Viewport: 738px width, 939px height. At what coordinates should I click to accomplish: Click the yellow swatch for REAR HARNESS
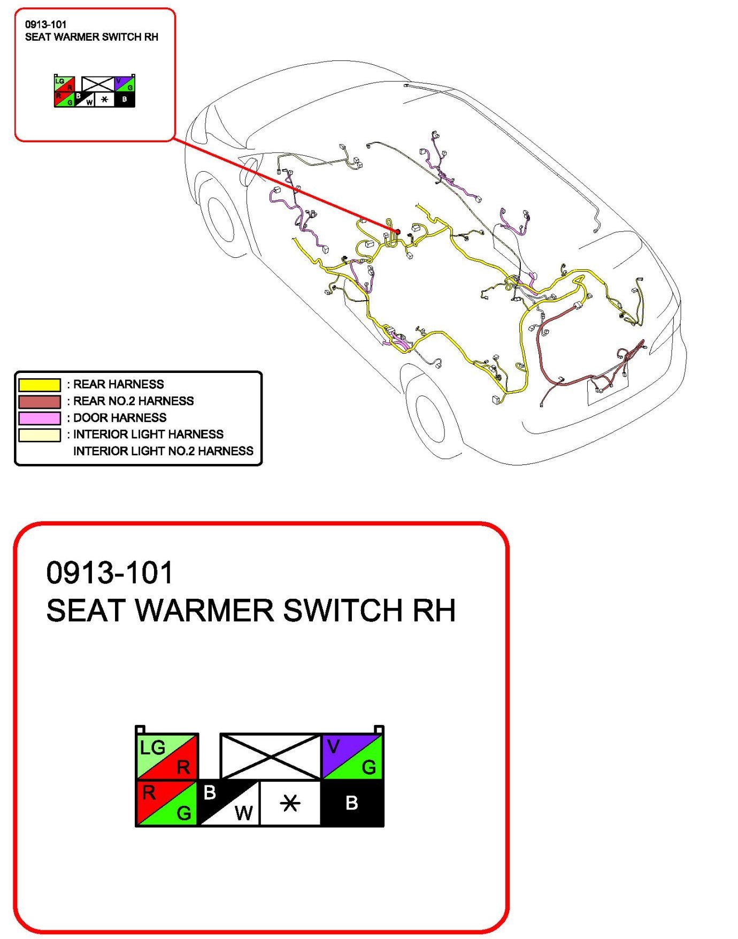tap(40, 385)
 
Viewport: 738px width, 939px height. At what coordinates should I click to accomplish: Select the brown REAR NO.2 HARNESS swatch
tap(40, 401)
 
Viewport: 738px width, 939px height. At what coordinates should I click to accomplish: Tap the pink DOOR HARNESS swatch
tap(40, 418)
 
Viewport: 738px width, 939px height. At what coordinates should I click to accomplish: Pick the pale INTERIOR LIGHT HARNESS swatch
tap(40, 434)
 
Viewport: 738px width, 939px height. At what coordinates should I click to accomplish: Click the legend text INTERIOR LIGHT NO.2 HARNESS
tap(163, 451)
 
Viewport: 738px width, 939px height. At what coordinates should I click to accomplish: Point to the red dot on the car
tap(397, 232)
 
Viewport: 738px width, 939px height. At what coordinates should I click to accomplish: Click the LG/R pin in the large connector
tap(167, 756)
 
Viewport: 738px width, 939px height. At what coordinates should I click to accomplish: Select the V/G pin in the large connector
tap(352, 757)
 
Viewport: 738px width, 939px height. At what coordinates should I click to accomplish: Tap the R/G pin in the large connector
tap(167, 803)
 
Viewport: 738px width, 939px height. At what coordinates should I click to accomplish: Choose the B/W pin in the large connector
tap(229, 803)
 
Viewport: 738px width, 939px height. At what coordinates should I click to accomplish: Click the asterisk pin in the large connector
tap(290, 803)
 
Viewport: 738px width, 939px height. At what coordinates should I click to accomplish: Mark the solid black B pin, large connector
tap(352, 803)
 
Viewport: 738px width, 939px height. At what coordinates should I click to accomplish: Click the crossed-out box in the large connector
tap(271, 757)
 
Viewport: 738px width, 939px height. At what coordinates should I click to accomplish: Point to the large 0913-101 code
tap(110, 572)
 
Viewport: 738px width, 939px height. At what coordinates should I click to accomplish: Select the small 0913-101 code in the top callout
tap(46, 24)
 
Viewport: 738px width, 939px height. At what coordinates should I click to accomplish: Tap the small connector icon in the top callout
tap(95, 91)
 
